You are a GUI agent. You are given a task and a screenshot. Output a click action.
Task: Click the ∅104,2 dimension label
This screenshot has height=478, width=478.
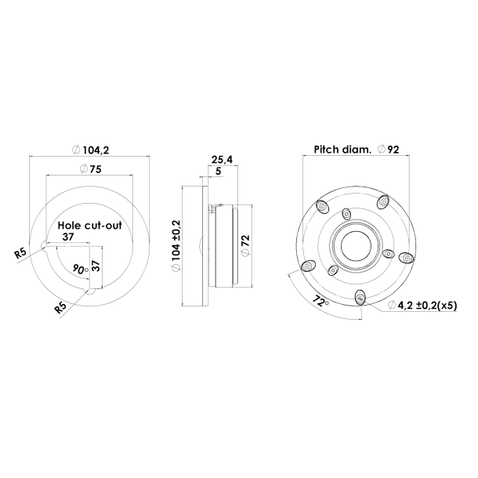(x=89, y=149)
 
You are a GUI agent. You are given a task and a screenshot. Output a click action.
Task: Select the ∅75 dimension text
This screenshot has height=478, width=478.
(x=89, y=168)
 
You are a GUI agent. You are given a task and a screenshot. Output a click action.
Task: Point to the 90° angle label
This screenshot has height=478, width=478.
(x=78, y=268)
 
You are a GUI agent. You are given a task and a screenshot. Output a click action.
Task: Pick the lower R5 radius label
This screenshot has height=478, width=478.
(x=60, y=308)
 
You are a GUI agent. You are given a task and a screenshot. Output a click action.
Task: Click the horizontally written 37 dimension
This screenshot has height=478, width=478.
(x=68, y=237)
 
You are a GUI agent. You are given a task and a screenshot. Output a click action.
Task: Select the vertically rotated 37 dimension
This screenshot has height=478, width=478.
(x=96, y=265)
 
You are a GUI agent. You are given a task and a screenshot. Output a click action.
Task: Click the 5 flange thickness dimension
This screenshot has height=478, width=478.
(x=217, y=171)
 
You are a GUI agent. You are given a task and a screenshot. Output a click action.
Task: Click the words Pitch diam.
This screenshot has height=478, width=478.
(x=342, y=149)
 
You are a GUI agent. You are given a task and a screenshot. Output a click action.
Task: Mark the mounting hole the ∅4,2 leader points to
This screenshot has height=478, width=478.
(x=360, y=296)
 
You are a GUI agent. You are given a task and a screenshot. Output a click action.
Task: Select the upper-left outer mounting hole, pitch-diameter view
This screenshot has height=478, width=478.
(x=321, y=205)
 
